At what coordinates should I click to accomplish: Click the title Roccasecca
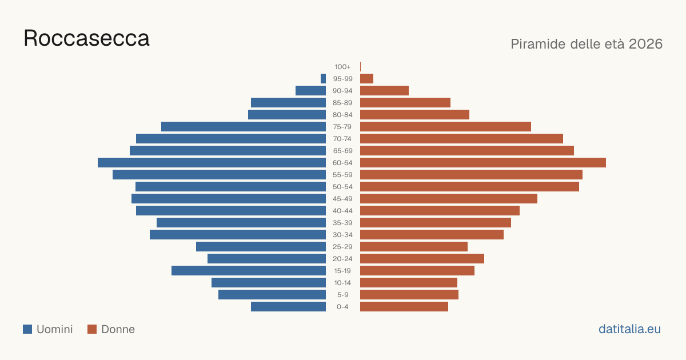[86, 38]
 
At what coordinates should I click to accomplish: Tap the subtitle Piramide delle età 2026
[587, 44]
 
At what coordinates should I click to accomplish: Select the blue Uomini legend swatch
[27, 329]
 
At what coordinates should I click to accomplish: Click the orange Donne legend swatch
[92, 329]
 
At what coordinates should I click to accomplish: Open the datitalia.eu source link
[629, 329]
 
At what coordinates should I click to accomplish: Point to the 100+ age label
[342, 67]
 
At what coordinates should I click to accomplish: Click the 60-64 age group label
[342, 162]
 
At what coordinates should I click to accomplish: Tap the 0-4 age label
[342, 307]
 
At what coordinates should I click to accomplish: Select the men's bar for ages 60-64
[212, 162]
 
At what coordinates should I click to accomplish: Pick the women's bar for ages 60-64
[483, 162]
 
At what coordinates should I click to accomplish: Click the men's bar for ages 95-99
[323, 79]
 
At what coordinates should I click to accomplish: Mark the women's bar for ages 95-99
[366, 79]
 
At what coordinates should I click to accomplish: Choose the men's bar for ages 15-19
[249, 271]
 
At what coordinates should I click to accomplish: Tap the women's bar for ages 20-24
[422, 259]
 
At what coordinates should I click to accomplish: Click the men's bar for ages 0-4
[289, 307]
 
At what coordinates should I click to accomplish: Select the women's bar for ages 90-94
[384, 91]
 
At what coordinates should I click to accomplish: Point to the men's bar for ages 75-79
[244, 127]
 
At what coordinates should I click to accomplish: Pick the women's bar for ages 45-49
[449, 199]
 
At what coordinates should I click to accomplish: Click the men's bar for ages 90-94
[310, 91]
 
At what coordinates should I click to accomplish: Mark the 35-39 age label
[342, 222]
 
